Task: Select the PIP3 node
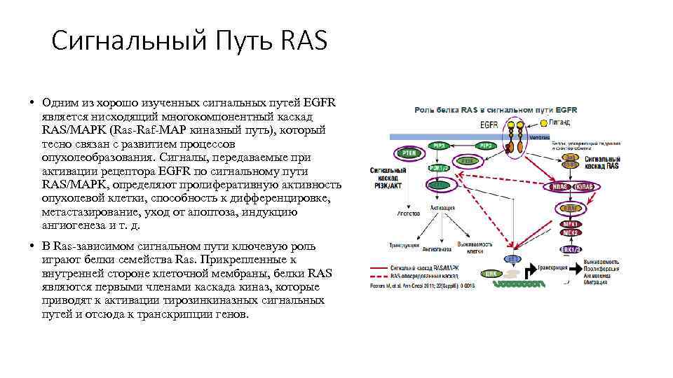click(x=440, y=146)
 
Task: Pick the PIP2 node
click(x=485, y=146)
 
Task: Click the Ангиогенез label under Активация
click(x=436, y=247)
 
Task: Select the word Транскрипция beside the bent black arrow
click(x=559, y=266)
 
